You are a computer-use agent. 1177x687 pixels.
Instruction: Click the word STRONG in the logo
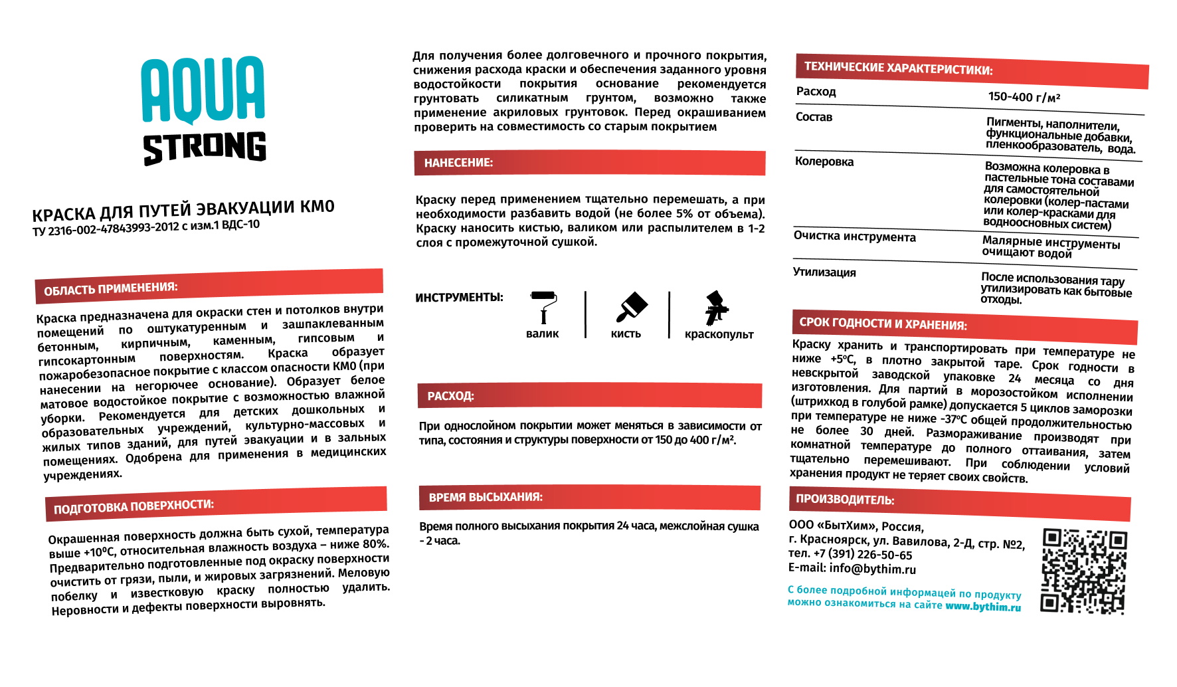(205, 147)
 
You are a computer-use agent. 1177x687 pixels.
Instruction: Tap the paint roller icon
(543, 306)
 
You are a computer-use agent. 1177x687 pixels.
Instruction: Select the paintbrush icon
(631, 307)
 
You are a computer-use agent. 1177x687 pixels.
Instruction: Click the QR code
(1084, 571)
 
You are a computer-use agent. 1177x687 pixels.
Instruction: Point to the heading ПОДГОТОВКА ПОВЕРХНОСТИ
(134, 507)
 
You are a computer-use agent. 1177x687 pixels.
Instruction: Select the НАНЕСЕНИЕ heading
(458, 163)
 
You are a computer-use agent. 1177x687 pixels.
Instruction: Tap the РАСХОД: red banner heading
(450, 396)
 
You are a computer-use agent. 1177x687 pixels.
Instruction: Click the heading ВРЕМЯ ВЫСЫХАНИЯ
(486, 497)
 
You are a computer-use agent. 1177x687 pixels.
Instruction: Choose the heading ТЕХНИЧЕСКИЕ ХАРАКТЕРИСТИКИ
(898, 68)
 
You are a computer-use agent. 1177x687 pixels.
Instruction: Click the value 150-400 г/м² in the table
(1024, 97)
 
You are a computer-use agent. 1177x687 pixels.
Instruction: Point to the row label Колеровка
(824, 161)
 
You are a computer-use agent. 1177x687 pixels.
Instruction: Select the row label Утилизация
(824, 272)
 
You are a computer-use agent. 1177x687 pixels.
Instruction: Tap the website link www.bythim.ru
(983, 607)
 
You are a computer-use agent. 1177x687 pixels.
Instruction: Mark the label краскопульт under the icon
(719, 334)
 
